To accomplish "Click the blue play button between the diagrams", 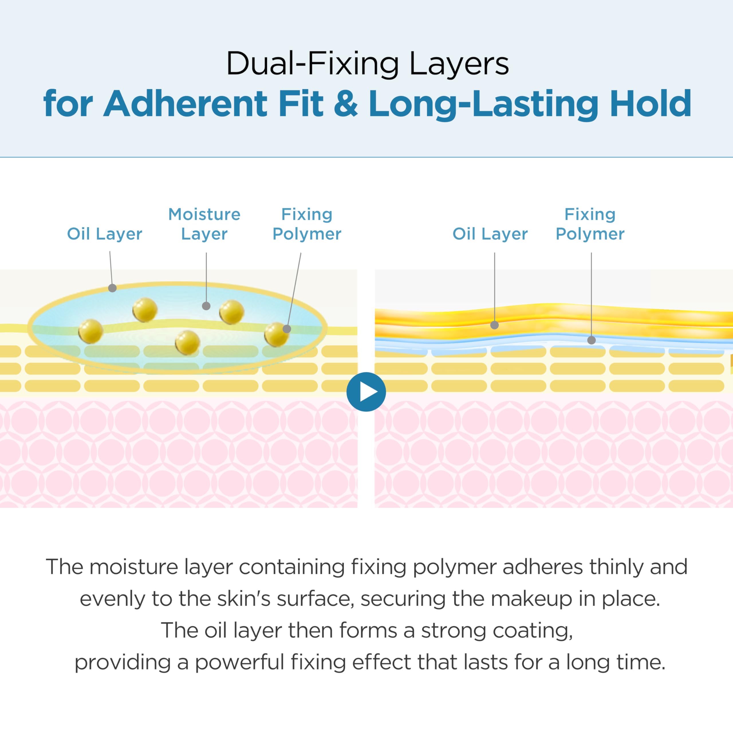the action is tap(366, 391).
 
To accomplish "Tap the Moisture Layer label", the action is tap(204, 224).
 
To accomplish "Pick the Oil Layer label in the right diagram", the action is tap(490, 234).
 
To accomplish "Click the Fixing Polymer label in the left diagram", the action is tap(307, 224).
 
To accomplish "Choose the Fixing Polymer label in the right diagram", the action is tap(590, 224).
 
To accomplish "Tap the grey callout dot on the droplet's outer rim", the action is tap(112, 288).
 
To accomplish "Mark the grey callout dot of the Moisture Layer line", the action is tap(206, 306).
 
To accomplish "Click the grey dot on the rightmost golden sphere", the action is tap(287, 329).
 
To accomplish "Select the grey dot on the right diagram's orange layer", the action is tap(494, 325).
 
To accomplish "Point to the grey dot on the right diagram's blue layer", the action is tap(591, 340).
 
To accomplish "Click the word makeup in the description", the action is tap(531, 599).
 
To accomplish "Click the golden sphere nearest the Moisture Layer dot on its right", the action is tap(231, 312).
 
